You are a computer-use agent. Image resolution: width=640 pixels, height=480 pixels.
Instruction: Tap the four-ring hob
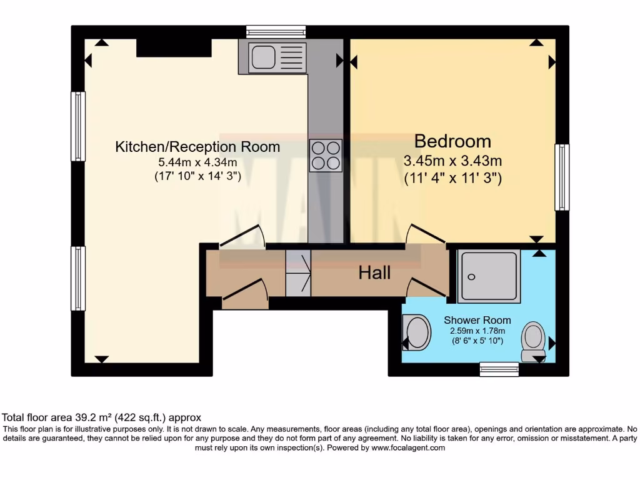click(326, 155)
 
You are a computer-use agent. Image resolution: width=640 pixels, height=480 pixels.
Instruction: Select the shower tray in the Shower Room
click(489, 276)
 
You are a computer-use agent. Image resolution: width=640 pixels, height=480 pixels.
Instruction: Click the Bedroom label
click(452, 141)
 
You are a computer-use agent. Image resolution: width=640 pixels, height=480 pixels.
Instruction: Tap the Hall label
click(374, 272)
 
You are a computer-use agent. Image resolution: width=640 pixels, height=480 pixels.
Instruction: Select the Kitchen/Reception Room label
click(197, 147)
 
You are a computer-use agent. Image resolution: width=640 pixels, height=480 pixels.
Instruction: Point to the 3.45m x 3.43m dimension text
click(452, 161)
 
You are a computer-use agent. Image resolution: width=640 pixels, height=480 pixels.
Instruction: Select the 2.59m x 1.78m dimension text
click(477, 331)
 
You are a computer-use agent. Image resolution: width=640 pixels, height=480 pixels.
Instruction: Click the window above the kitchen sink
click(276, 31)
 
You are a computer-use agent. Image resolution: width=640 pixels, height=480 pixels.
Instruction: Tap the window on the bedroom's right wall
click(562, 177)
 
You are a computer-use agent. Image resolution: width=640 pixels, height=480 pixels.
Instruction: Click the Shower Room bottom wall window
click(499, 369)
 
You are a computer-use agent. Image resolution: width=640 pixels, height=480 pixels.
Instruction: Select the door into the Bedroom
click(425, 235)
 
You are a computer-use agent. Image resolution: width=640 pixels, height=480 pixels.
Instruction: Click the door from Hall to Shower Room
click(426, 287)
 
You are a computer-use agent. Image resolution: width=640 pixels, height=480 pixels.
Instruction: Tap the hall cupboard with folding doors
click(298, 273)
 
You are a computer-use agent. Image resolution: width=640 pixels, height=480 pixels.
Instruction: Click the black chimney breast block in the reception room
click(173, 47)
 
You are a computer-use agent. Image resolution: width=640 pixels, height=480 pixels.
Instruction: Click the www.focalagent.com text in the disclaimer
click(408, 447)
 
